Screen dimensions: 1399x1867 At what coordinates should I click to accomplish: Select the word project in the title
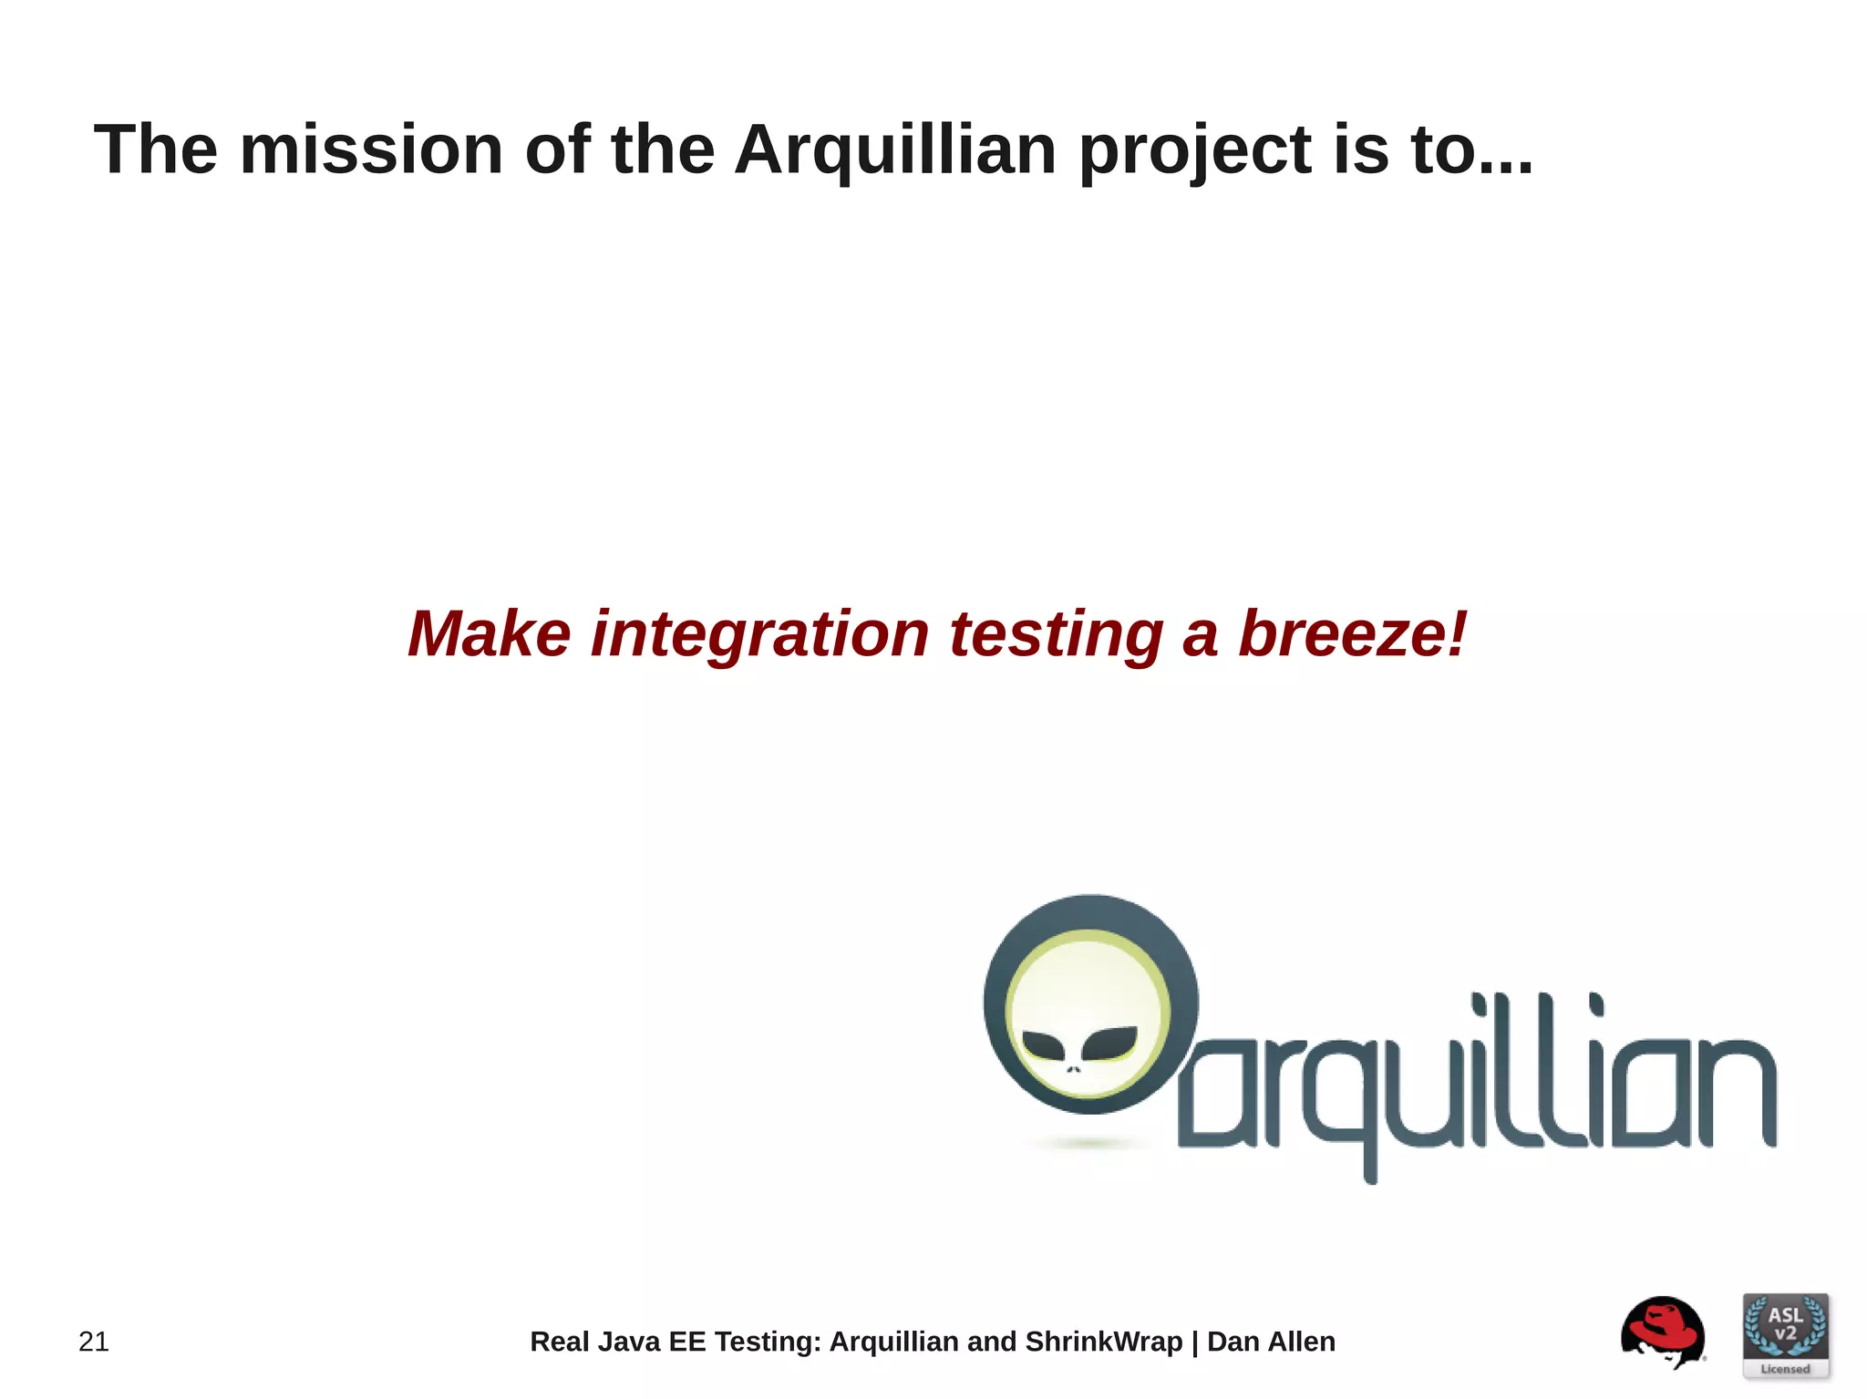click(1195, 151)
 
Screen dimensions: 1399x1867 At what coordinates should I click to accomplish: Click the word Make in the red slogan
click(489, 633)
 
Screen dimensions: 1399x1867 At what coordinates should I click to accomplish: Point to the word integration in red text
click(759, 633)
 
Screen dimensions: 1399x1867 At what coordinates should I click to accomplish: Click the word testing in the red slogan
click(1056, 635)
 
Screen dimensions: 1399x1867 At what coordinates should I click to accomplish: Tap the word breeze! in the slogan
click(1353, 633)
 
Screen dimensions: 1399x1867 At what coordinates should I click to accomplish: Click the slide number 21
click(94, 1342)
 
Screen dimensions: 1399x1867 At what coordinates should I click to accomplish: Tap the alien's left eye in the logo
click(1044, 1044)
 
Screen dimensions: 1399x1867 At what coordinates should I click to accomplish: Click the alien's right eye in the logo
click(1109, 1043)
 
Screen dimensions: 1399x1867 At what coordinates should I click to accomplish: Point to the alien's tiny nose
click(1074, 1069)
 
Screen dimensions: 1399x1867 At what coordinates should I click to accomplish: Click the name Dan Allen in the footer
click(1271, 1342)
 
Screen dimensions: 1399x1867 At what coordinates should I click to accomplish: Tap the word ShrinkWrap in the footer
click(1103, 1342)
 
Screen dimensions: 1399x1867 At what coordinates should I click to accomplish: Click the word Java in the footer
click(628, 1342)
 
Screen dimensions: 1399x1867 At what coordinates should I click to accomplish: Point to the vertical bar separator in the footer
click(1194, 1342)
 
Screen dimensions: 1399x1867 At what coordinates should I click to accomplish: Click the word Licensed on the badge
click(1785, 1369)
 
